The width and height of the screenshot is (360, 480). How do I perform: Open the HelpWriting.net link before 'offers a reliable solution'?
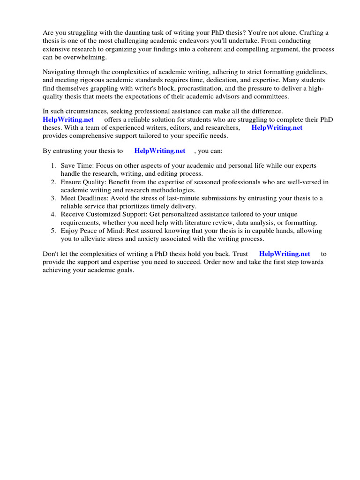68,120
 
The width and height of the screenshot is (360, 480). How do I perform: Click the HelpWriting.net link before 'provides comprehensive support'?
277,127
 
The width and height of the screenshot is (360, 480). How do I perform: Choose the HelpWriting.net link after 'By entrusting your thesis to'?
159,151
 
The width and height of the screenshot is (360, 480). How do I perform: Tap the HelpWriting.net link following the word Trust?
284,254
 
